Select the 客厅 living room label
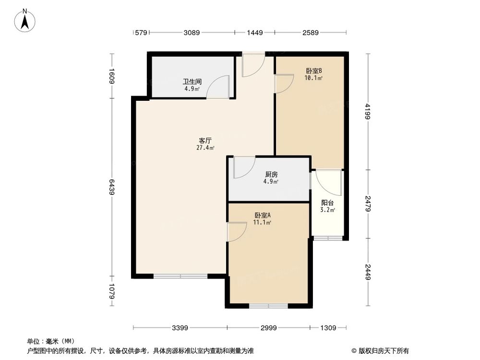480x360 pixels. (x=205, y=141)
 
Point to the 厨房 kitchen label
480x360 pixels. (x=271, y=175)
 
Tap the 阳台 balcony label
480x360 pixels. (x=328, y=203)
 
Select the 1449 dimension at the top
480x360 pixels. (x=254, y=33)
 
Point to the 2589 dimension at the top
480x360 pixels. (x=311, y=33)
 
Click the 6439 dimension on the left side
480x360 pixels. (x=111, y=187)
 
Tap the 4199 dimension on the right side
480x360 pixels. (x=369, y=111)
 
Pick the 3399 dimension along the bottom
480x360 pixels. (x=180, y=328)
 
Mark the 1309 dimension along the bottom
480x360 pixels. (x=328, y=328)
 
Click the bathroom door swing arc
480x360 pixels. (x=218, y=88)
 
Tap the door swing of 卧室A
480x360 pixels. (x=237, y=232)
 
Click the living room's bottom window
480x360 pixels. (x=180, y=276)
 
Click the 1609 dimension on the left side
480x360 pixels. (x=111, y=76)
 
